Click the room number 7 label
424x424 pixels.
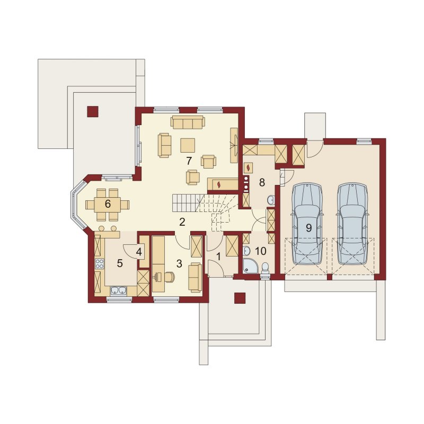189,161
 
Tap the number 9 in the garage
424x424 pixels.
308,228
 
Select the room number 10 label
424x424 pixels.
261,251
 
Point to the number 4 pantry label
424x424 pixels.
139,252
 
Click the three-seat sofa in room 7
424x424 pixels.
188,122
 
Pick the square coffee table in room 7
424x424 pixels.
188,145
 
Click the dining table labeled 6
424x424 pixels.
108,205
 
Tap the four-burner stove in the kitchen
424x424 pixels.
100,263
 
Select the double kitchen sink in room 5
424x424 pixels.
118,290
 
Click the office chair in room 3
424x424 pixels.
169,277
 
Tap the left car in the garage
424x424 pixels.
307,224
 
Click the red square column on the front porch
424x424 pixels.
240,298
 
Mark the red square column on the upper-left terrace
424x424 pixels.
92,111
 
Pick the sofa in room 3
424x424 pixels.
195,277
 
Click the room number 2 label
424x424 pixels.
182,222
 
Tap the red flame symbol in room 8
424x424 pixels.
248,167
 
